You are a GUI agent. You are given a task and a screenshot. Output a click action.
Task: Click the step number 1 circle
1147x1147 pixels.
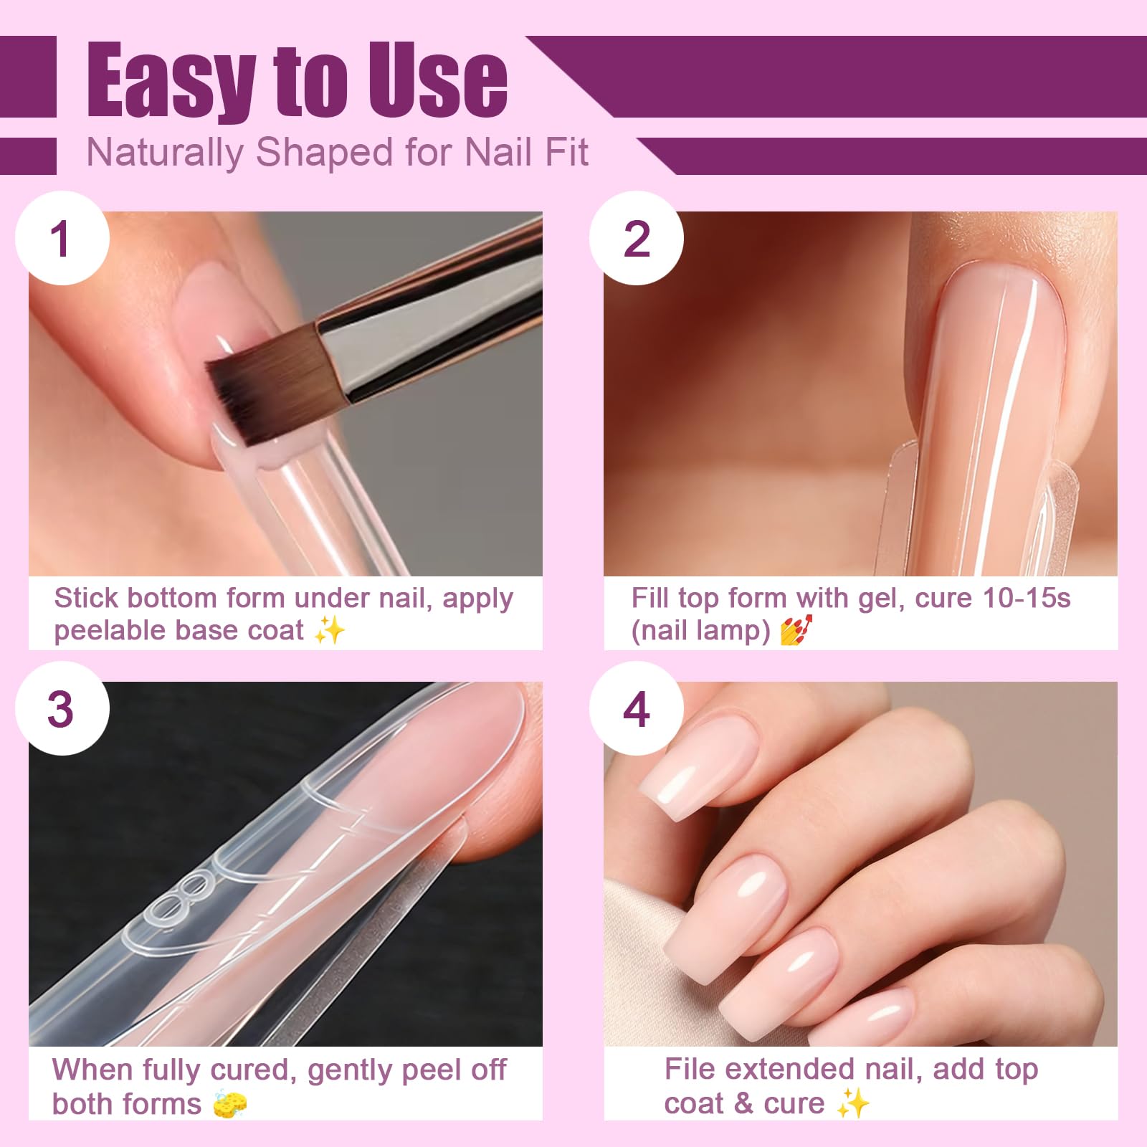click(62, 238)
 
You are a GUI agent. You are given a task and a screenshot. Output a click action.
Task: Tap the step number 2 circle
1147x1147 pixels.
click(637, 238)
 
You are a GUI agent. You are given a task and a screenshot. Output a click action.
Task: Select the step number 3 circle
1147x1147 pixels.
click(62, 708)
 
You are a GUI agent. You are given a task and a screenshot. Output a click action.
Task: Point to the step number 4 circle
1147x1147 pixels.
click(637, 708)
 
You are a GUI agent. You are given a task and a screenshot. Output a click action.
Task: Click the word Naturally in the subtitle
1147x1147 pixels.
click(165, 153)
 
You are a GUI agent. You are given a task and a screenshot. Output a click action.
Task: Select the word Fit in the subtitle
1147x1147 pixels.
click(566, 152)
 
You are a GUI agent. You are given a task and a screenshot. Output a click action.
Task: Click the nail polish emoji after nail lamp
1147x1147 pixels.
click(796, 630)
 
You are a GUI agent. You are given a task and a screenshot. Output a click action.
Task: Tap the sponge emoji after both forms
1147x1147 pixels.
click(230, 1103)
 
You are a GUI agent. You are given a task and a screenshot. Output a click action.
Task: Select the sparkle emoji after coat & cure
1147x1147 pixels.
click(853, 1103)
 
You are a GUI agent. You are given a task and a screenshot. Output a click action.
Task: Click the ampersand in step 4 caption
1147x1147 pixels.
click(745, 1104)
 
